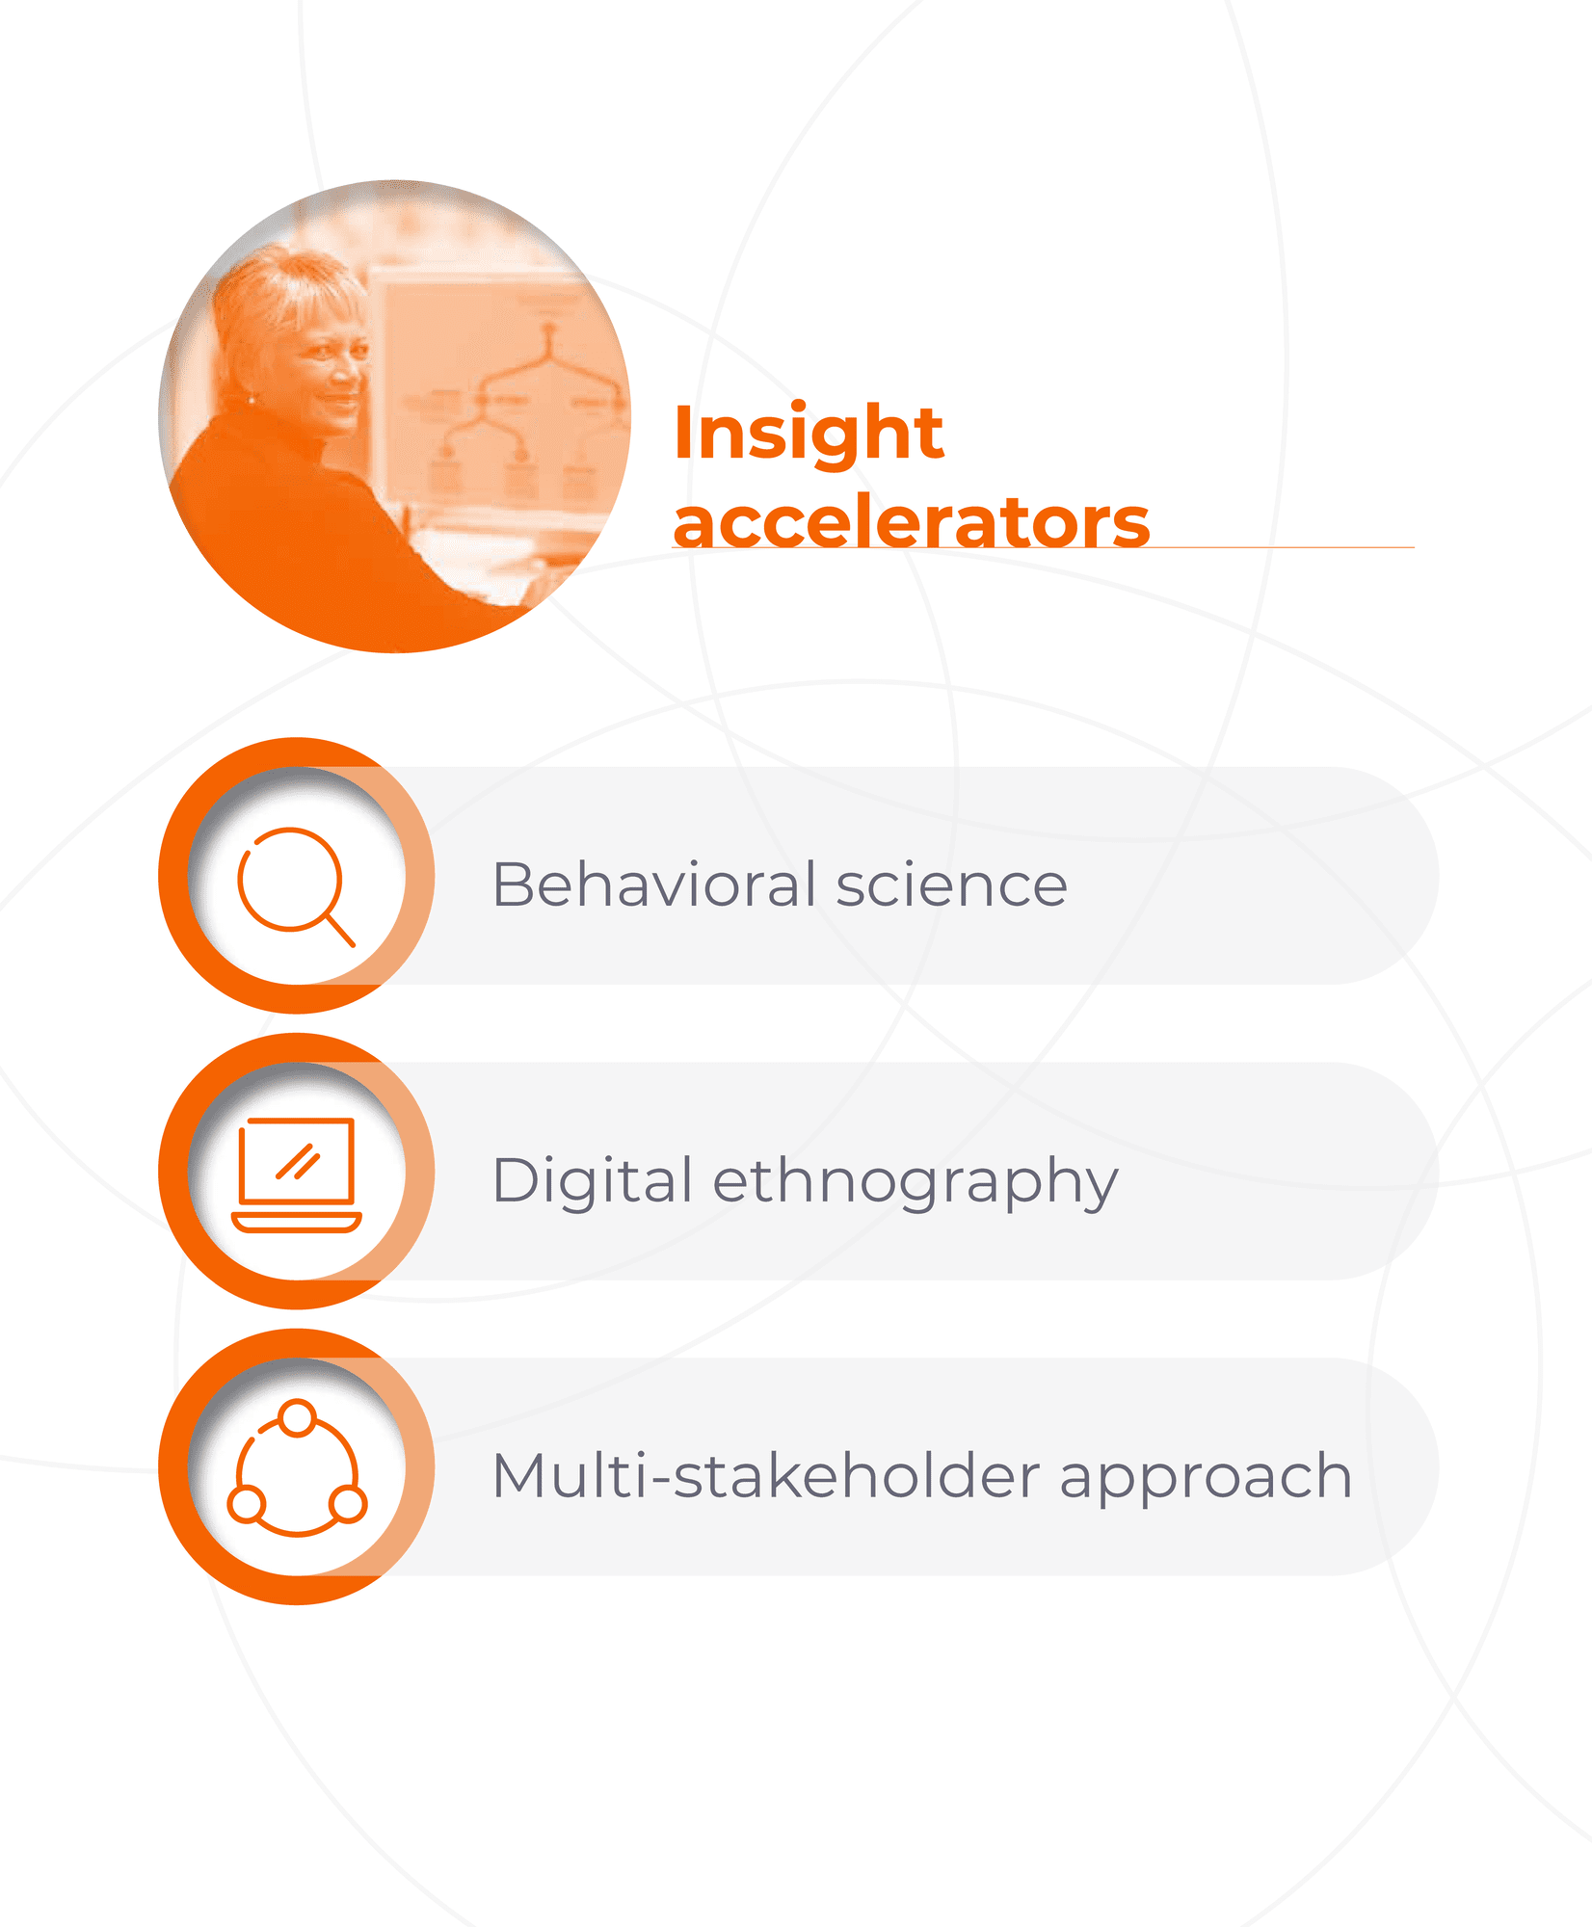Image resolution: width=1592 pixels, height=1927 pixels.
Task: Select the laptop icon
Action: click(x=297, y=1175)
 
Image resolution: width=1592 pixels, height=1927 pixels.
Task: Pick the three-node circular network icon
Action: click(x=297, y=1466)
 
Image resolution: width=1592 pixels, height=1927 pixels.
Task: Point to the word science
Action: click(x=952, y=884)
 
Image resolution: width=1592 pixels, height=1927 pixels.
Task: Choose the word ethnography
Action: click(x=915, y=1181)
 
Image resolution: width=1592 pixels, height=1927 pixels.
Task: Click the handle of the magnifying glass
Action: click(x=340, y=931)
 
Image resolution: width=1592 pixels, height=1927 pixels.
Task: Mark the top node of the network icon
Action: click(x=297, y=1417)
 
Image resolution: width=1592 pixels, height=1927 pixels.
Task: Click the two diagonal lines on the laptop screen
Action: click(x=298, y=1162)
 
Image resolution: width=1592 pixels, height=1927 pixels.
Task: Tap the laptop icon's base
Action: click(x=297, y=1223)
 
